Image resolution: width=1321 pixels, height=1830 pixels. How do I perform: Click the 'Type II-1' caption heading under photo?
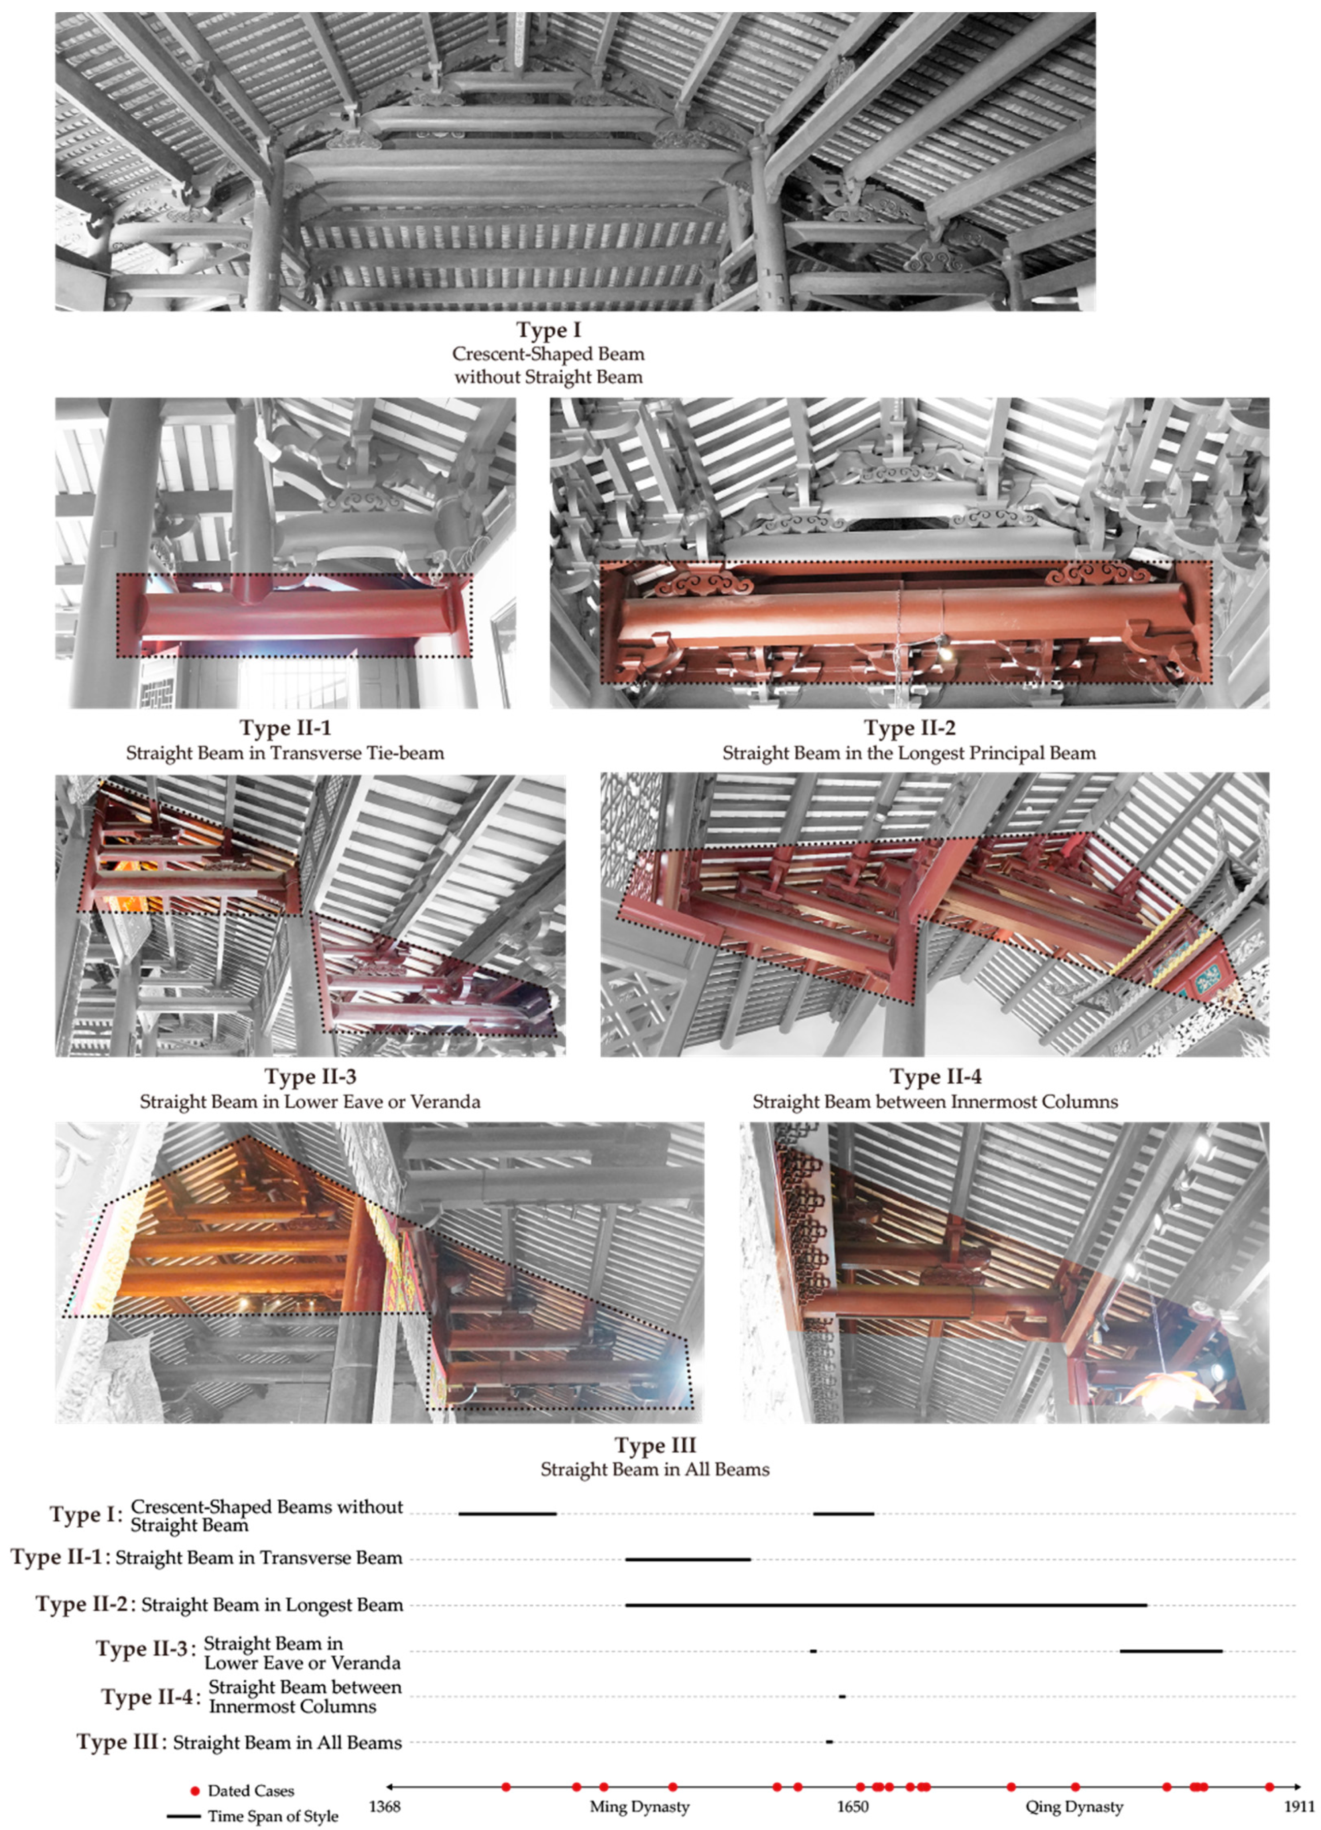click(x=285, y=728)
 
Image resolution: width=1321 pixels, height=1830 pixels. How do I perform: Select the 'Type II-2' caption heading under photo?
click(x=910, y=728)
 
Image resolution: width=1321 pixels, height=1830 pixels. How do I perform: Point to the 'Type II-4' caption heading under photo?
click(x=936, y=1076)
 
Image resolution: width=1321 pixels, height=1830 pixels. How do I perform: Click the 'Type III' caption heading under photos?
click(x=655, y=1445)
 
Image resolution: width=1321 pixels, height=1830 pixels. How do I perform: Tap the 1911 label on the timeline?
click(x=1299, y=1806)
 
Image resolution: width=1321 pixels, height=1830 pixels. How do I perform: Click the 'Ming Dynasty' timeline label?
click(x=639, y=1806)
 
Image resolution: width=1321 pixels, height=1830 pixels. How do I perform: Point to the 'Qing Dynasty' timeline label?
click(x=1074, y=1806)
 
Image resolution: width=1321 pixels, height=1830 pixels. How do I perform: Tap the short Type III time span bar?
click(x=829, y=1742)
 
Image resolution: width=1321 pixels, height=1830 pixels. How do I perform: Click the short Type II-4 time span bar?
click(x=842, y=1697)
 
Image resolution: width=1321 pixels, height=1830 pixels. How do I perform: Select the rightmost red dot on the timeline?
click(x=1269, y=1787)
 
